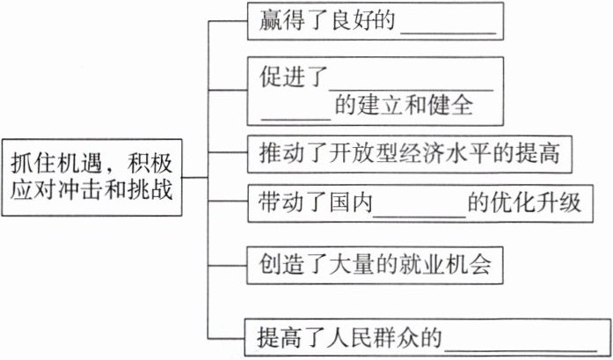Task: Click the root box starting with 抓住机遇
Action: click(x=93, y=177)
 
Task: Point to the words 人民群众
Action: click(x=389, y=336)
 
